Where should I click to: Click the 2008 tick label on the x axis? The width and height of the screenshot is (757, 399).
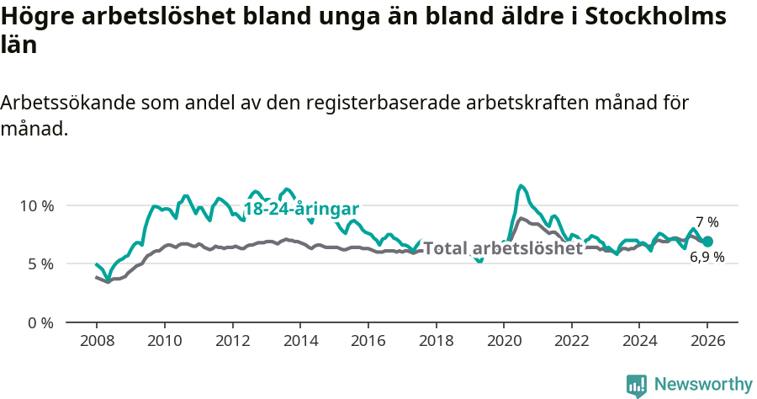tap(96, 343)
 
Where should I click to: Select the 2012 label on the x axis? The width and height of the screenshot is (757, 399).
tap(232, 343)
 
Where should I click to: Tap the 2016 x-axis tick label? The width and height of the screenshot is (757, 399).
tap(368, 343)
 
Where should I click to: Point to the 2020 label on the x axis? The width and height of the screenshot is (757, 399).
tap(504, 343)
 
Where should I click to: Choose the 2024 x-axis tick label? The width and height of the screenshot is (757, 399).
tap(639, 343)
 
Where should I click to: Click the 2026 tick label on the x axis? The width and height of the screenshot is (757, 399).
tap(707, 343)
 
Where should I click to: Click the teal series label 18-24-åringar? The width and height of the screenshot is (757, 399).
tap(301, 209)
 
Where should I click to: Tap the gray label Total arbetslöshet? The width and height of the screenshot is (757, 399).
tap(502, 248)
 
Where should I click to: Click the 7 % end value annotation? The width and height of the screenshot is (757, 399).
tap(707, 222)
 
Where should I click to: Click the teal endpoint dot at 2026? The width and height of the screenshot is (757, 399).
tap(707, 242)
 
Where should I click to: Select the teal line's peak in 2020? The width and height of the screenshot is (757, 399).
tap(521, 185)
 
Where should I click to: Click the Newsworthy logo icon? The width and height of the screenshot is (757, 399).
tap(637, 385)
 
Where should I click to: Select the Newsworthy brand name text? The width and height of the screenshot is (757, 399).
tap(703, 385)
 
